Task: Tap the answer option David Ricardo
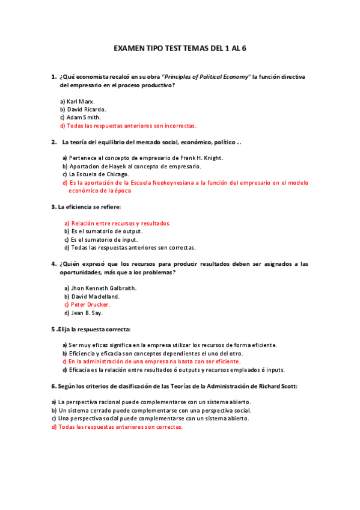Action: tap(83, 109)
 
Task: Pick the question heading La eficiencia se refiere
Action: tap(89, 207)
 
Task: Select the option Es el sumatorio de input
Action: tap(101, 239)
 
